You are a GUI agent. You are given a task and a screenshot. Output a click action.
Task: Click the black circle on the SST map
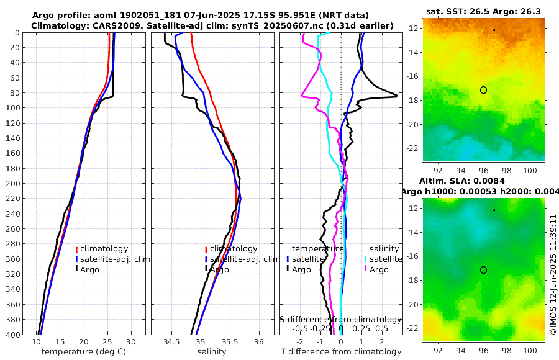pyautogui.click(x=483, y=90)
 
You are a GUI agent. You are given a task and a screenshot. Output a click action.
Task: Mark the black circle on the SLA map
pyautogui.click(x=483, y=270)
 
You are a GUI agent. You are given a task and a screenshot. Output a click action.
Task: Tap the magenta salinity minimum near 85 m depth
pyautogui.click(x=302, y=96)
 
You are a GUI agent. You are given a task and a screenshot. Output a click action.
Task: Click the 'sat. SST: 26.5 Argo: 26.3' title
pyautogui.click(x=483, y=11)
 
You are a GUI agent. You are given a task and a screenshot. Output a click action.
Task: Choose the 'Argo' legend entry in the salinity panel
pyautogui.click(x=219, y=269)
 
